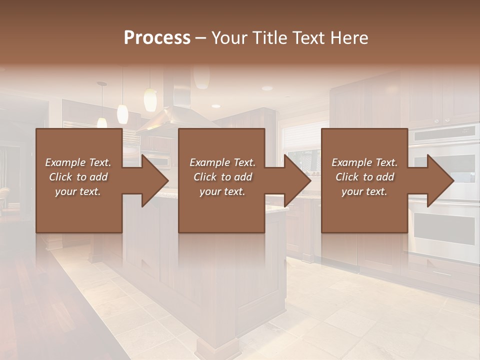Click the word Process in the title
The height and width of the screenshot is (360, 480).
[x=157, y=38]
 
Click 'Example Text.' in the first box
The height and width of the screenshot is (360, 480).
[x=78, y=162]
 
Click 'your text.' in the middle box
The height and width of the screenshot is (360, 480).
[x=222, y=191]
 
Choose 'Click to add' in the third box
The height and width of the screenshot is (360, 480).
[x=364, y=177]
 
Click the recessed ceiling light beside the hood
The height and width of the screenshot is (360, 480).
[x=216, y=106]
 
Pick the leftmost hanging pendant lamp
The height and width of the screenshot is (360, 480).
[x=102, y=121]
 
